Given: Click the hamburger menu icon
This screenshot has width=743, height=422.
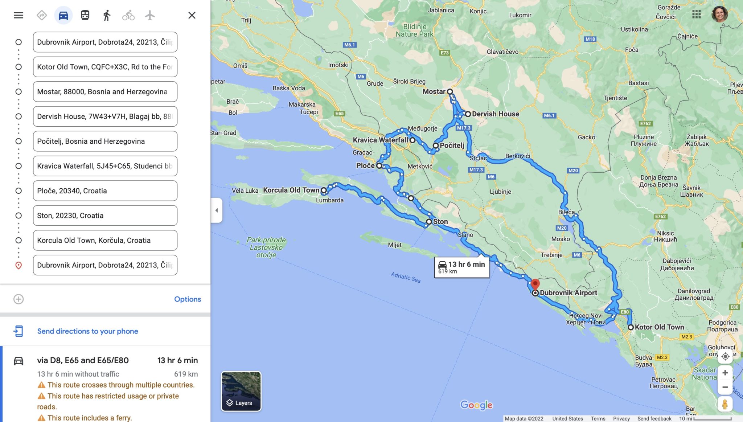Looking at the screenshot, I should [x=19, y=15].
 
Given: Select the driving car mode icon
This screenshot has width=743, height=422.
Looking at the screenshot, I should [x=63, y=15].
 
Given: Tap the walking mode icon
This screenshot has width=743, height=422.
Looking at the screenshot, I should [x=106, y=15].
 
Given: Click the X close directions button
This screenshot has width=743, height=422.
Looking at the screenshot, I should [x=192, y=15].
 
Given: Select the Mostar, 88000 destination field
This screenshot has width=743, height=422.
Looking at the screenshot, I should [x=105, y=91].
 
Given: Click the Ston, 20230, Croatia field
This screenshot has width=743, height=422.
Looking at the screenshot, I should [x=105, y=216].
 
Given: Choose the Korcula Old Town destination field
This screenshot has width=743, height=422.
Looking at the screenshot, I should [x=105, y=240].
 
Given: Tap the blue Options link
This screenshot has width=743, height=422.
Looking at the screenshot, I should [x=187, y=299].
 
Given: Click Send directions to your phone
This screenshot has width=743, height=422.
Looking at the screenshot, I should [x=87, y=331].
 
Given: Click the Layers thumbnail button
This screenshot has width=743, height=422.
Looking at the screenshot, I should [x=241, y=391].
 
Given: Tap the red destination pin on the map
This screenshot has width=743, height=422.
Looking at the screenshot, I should [x=535, y=284].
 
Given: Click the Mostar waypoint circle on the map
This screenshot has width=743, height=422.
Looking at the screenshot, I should [x=450, y=91].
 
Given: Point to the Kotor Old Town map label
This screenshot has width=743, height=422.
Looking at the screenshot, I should [x=659, y=327].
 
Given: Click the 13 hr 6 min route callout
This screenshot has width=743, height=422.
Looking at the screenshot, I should [x=461, y=267].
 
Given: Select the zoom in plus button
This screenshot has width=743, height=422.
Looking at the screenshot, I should [x=725, y=373].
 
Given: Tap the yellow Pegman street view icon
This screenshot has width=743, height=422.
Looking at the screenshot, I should [x=725, y=404].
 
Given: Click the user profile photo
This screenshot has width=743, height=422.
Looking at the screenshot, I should [x=719, y=15].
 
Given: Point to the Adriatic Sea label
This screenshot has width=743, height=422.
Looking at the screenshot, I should [x=406, y=277].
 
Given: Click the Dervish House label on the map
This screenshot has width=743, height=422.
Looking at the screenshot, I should [x=495, y=114].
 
